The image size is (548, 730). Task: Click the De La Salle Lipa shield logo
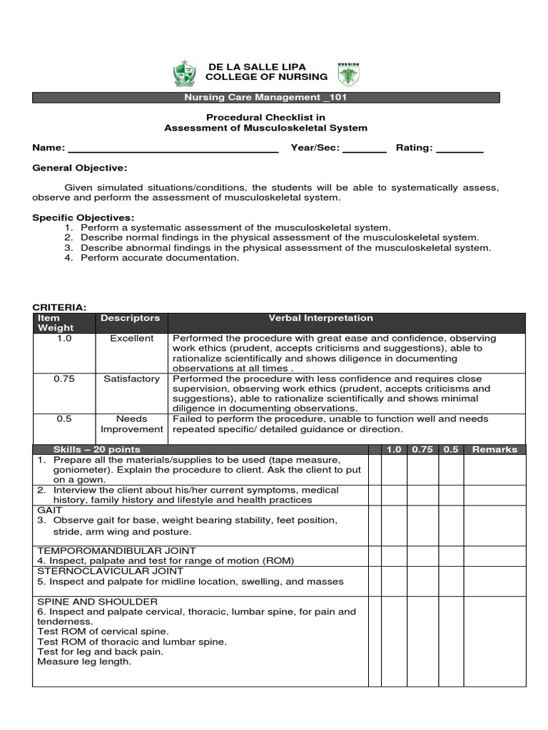click(x=183, y=73)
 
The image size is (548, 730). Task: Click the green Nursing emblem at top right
click(x=349, y=73)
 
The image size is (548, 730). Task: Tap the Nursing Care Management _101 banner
click(x=265, y=98)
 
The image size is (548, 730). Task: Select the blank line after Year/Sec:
click(x=365, y=148)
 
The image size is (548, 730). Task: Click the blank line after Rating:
click(x=460, y=148)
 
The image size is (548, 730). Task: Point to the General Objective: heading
click(x=80, y=168)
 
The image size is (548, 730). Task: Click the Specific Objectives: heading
click(x=83, y=217)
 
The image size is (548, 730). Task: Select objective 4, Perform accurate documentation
click(x=159, y=258)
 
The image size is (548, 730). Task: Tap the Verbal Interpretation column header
click(x=320, y=318)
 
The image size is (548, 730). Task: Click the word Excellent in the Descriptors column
click(x=131, y=339)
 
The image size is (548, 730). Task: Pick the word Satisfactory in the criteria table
click(x=131, y=379)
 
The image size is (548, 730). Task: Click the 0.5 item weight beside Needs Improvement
click(x=64, y=419)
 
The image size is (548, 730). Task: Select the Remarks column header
click(x=494, y=450)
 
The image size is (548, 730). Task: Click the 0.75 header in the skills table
click(x=422, y=450)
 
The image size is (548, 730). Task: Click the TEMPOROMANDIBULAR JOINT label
click(x=105, y=551)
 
